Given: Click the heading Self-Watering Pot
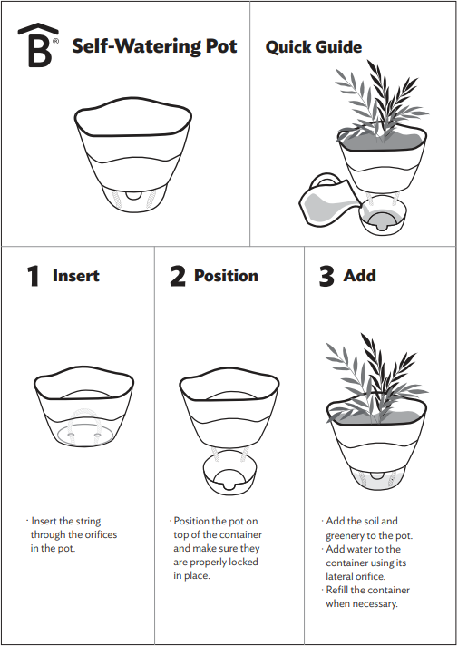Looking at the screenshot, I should (x=154, y=47).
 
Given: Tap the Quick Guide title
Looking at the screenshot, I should (x=313, y=47).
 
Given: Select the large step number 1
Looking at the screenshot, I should (x=34, y=277).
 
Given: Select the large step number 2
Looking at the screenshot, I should (x=178, y=277).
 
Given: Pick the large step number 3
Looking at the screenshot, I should (x=326, y=277).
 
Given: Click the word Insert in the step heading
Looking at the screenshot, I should (x=76, y=276).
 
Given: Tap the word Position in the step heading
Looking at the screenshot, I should (x=226, y=276).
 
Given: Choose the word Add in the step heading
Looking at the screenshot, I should (x=360, y=276).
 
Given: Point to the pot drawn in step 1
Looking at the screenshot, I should (x=83, y=408).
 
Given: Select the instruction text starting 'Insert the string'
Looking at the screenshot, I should (x=73, y=535).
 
